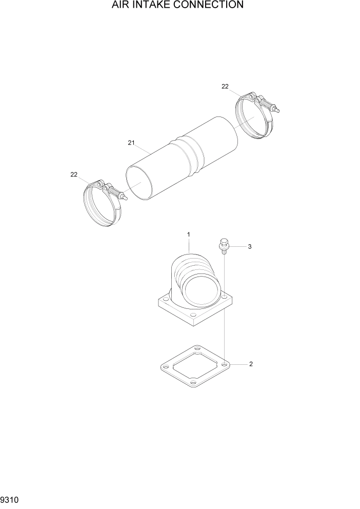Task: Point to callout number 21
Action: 131,143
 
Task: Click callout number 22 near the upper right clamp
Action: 225,87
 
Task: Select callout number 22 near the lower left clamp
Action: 74,175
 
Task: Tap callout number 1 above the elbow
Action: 189,234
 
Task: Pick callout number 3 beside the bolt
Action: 249,247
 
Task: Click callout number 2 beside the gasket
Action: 251,364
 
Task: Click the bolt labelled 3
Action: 224,244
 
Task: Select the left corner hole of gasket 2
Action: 165,366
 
